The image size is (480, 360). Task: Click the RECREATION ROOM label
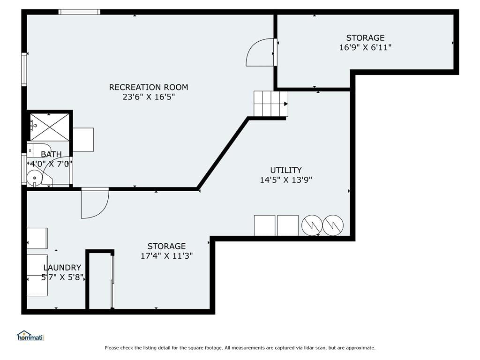pyautogui.click(x=149, y=87)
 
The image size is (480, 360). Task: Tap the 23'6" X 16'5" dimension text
pyautogui.click(x=149, y=97)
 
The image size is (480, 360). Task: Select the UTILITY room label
pyautogui.click(x=286, y=170)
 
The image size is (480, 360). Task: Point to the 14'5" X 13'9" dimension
pyautogui.click(x=286, y=180)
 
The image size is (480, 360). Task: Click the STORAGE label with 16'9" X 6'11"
pyautogui.click(x=365, y=38)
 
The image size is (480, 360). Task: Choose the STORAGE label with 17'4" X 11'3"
pyautogui.click(x=166, y=247)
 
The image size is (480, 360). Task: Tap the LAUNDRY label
pyautogui.click(x=62, y=268)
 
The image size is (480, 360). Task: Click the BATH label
pyautogui.click(x=51, y=154)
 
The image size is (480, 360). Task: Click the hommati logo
pyautogui.click(x=30, y=336)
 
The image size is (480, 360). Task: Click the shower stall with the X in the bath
pyautogui.click(x=50, y=127)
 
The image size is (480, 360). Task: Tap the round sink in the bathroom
pyautogui.click(x=35, y=178)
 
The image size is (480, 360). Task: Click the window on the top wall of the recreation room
pyautogui.click(x=79, y=12)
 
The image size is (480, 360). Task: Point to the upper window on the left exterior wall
pyautogui.click(x=24, y=69)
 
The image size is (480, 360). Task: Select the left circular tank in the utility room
pyautogui.click(x=312, y=225)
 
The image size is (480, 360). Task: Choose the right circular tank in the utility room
pyautogui.click(x=333, y=225)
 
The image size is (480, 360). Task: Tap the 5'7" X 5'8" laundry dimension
pyautogui.click(x=62, y=277)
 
